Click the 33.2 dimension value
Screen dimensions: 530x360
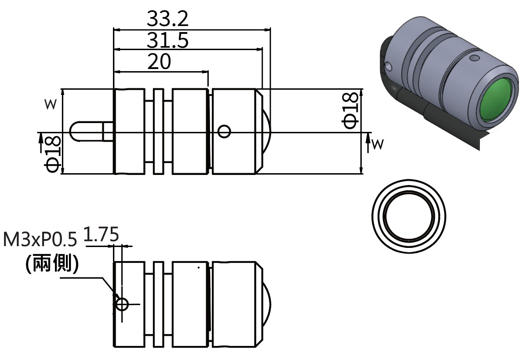pos(167,18)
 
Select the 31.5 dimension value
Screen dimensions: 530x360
pos(167,40)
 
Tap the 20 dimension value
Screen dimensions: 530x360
pos(159,61)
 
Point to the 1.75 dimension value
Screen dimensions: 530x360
pos(101,234)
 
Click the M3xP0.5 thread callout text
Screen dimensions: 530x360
pos(40,240)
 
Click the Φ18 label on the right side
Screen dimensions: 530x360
pos(350,111)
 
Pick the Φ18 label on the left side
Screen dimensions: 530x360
pos(52,154)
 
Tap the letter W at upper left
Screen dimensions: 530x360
pos(51,104)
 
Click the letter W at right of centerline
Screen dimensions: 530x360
pos(378,144)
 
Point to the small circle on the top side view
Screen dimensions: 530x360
pos(224,131)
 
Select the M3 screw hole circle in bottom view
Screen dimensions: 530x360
pos(122,304)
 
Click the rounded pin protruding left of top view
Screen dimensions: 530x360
pos(91,131)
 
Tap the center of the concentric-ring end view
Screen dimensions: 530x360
pos(409,216)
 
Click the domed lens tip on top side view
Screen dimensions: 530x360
pos(267,131)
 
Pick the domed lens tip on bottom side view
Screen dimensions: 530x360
pos(267,304)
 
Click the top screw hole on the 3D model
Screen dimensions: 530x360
pos(474,58)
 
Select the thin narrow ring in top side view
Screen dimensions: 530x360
pos(158,131)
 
